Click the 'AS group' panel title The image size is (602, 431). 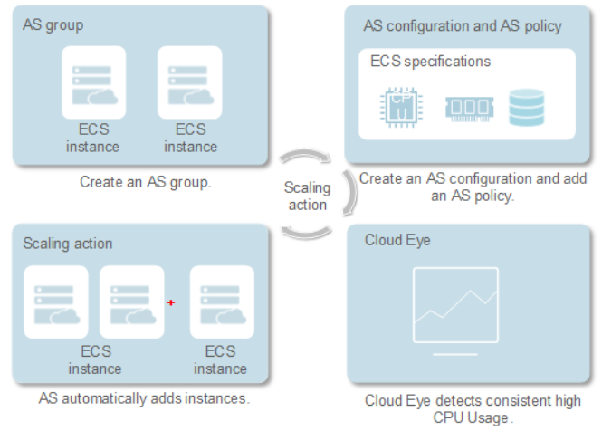coord(53,25)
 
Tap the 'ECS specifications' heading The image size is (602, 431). coord(430,62)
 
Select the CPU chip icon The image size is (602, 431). coord(401,107)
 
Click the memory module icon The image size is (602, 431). coord(469,109)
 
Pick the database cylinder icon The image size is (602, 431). coord(526,108)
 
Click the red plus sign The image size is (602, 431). coord(171,302)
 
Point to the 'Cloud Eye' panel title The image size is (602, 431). coord(397,240)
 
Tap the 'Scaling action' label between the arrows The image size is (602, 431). coord(307,196)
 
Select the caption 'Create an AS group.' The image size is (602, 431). coord(146,182)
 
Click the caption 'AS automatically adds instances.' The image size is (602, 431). coord(144,398)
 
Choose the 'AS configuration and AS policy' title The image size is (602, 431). coord(463,26)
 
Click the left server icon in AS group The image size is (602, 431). coord(93,82)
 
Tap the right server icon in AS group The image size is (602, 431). coord(190,82)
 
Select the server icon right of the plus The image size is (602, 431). coord(222,302)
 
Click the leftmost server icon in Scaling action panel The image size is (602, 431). coord(56,302)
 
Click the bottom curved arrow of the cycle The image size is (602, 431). coord(306,234)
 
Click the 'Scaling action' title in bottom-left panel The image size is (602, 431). coord(68,244)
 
